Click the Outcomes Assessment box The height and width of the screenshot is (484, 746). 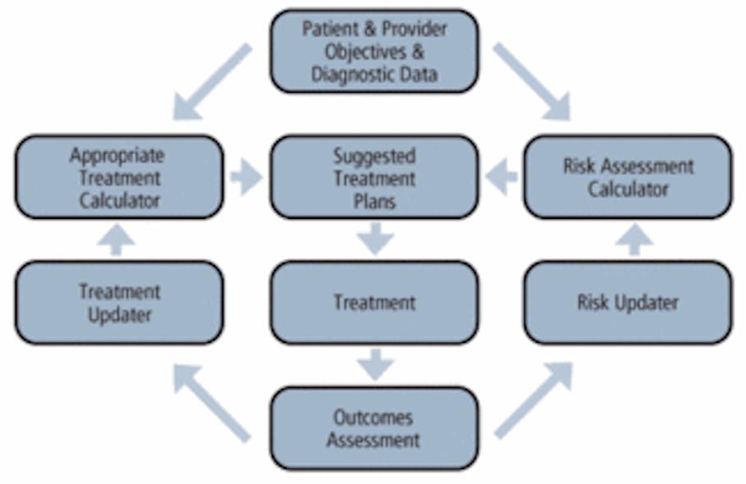373,428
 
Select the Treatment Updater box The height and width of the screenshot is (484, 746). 119,302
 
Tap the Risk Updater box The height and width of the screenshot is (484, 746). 627,302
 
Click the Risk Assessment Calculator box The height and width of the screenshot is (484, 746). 627,176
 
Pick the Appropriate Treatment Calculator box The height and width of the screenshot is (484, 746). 119,176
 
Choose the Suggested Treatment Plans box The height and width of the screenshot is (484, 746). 373,176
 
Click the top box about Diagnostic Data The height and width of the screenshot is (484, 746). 373,51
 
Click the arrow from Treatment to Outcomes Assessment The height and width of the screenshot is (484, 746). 375,364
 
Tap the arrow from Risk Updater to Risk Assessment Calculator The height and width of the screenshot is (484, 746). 634,240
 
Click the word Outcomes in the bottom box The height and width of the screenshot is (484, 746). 373,417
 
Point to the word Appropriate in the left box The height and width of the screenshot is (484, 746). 117,155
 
